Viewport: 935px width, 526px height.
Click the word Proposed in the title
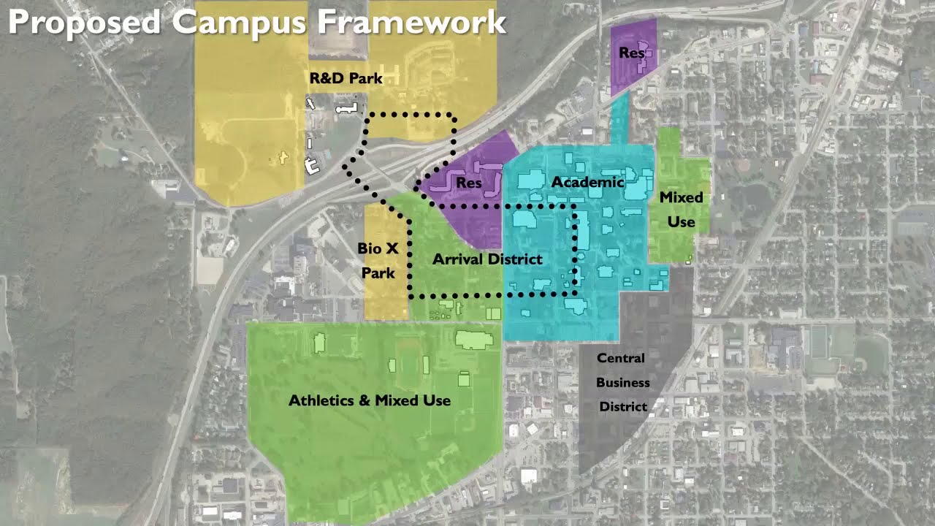pos(84,22)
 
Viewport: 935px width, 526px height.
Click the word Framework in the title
pos(411,22)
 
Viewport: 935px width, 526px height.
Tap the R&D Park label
pos(346,78)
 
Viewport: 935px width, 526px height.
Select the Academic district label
pos(587,182)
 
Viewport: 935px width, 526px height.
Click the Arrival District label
pos(487,259)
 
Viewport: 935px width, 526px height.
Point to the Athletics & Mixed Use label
pos(370,400)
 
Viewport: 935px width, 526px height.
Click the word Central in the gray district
pos(621,358)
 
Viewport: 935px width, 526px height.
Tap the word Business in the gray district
pos(623,382)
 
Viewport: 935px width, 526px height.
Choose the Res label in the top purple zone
pos(631,53)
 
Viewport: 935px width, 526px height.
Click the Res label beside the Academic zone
pos(469,183)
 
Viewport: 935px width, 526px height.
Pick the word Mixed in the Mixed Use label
pos(681,197)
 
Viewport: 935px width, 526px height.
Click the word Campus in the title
pos(239,22)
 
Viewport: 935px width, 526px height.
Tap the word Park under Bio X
pos(378,273)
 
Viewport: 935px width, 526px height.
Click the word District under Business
pos(623,406)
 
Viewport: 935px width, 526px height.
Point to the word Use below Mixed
pos(681,221)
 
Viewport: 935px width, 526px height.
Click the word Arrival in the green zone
pos(457,259)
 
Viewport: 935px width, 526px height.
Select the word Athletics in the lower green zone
pos(321,400)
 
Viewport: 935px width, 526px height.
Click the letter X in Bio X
pos(392,248)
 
